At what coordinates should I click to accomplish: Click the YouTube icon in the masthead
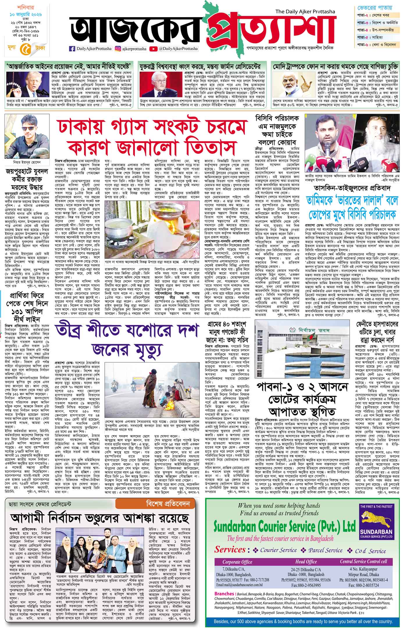point(152,49)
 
